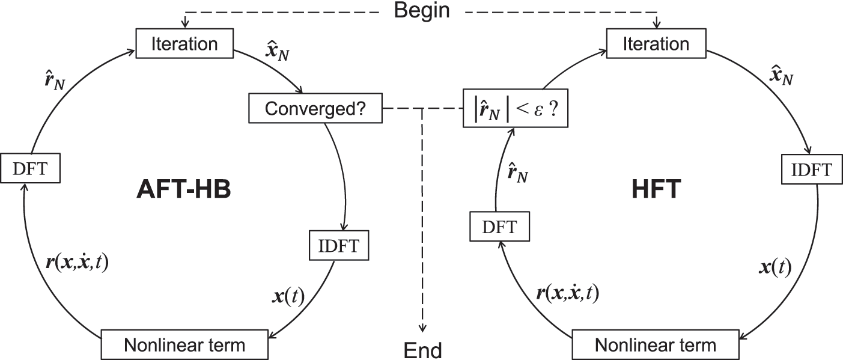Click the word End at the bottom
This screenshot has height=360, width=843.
[x=422, y=350]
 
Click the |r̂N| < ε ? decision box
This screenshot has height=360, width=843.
[x=516, y=110]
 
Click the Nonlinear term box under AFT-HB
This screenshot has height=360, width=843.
[x=184, y=345]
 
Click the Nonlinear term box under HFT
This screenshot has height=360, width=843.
[x=656, y=345]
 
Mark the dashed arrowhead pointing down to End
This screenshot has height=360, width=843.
[x=422, y=328]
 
